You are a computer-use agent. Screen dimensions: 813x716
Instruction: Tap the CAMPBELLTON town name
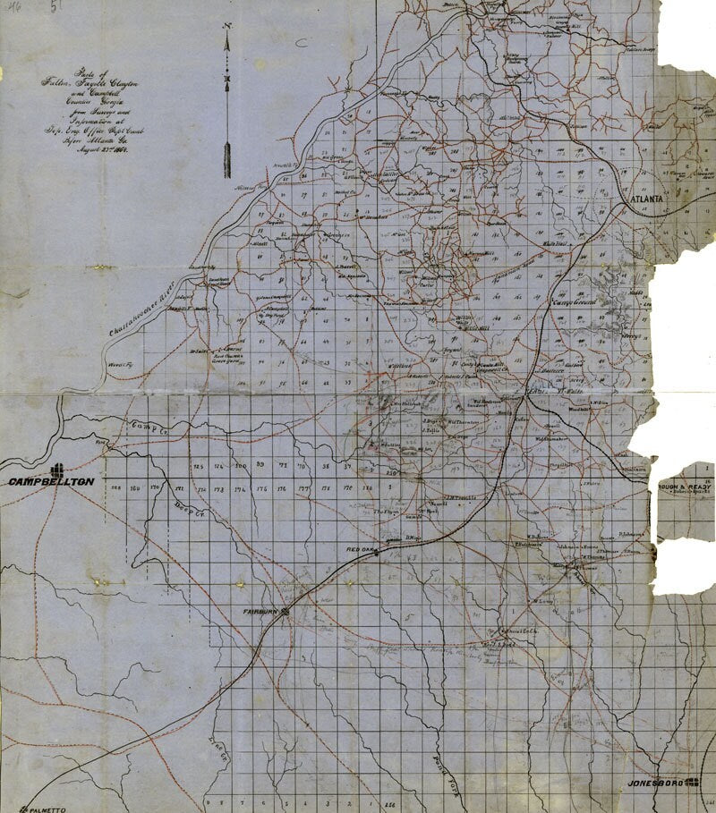tap(51, 482)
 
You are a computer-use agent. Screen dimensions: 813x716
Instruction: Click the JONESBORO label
tap(656, 783)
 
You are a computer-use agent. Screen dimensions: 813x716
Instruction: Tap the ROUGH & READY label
tap(686, 487)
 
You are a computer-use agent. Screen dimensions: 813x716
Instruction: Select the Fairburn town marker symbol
tap(286, 612)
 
